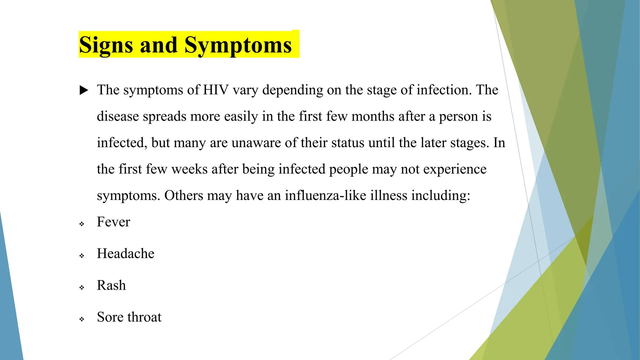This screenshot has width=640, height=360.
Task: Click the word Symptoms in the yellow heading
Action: pos(238,45)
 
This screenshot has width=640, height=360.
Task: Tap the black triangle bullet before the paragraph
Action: pos(84,90)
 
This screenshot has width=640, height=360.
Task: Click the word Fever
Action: pos(113,222)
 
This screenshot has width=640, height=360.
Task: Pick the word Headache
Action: pos(125,253)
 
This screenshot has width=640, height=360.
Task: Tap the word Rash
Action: pos(111,285)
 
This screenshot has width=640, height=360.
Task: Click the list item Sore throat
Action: pos(129,317)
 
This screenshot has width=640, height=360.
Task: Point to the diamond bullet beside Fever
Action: pos(82,224)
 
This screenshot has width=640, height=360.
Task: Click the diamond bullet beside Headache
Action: pos(82,256)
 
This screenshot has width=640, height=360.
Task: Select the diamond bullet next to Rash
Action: pos(82,287)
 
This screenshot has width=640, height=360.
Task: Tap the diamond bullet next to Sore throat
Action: pos(82,319)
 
